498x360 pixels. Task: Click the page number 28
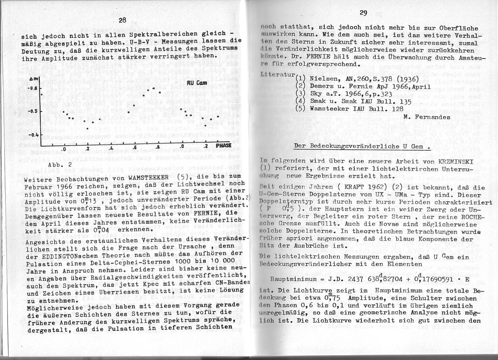122,19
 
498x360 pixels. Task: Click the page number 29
363,13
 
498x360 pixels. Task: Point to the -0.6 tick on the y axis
33,88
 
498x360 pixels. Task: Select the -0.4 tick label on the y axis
33,134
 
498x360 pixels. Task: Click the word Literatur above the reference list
275,74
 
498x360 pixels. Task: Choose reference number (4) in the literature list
301,100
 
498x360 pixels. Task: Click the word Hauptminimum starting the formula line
293,279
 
